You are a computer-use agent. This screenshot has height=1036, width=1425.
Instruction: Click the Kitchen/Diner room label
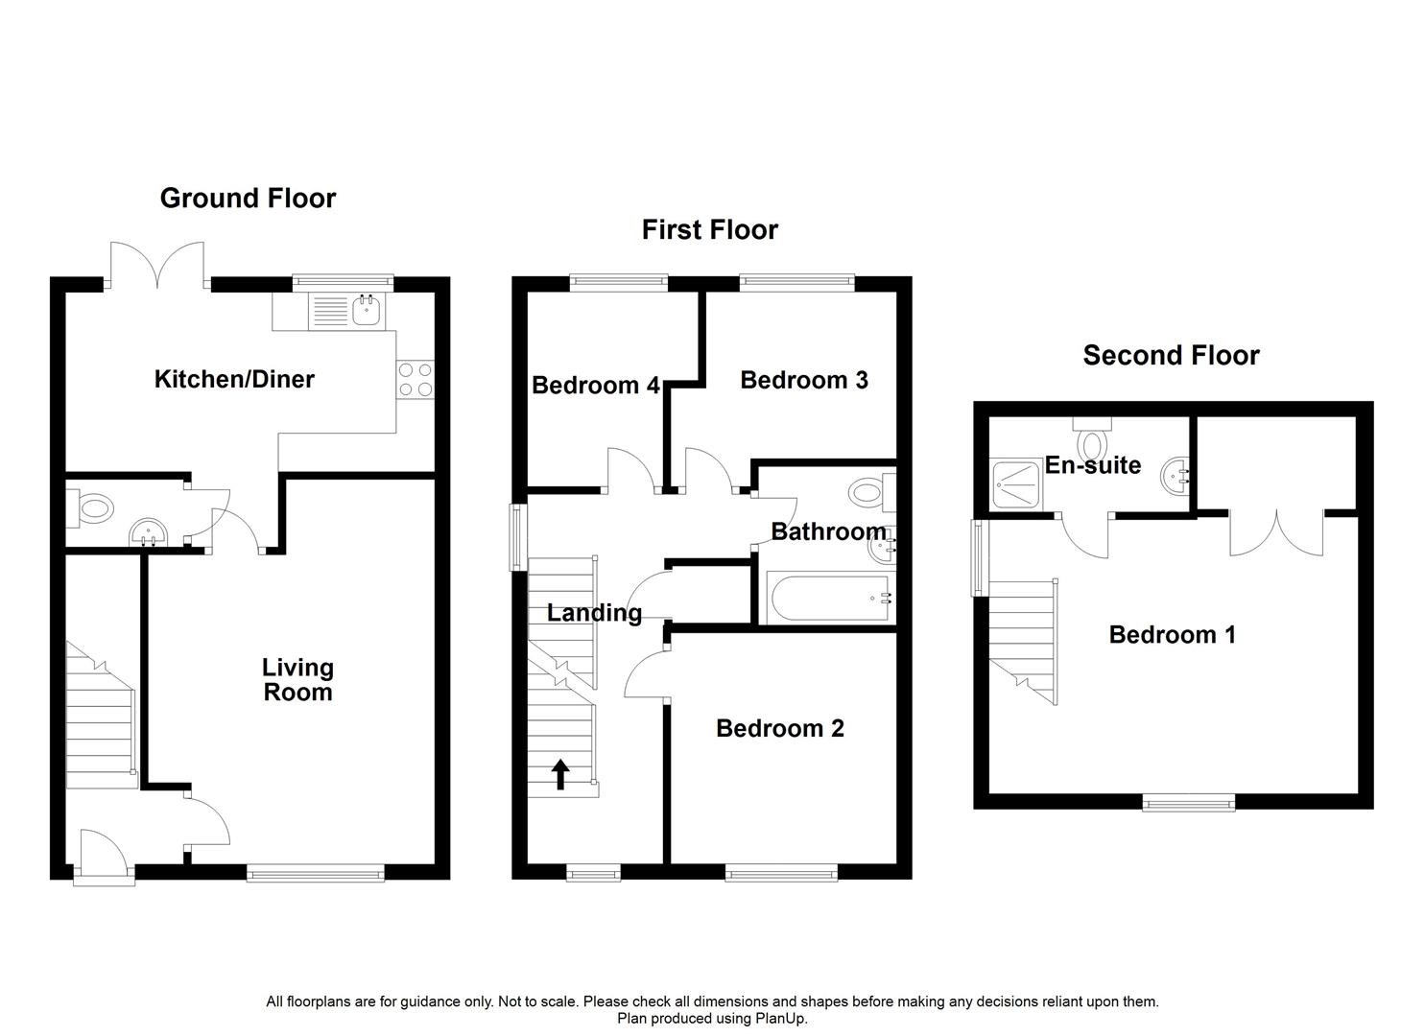coord(234,380)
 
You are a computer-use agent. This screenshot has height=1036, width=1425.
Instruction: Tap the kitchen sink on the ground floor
coord(365,309)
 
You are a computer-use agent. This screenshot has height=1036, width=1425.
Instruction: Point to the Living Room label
coord(297,680)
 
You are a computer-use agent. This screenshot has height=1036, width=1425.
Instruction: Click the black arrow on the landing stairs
coord(560,774)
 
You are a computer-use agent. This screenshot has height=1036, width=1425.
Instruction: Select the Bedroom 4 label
coord(595,386)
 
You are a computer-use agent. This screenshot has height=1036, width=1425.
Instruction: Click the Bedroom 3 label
coord(804,381)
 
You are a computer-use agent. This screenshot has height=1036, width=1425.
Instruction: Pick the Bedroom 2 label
coord(779,729)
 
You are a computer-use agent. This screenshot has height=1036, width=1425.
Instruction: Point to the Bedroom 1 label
coord(1172,635)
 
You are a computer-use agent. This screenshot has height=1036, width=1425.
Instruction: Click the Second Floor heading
coord(1171,356)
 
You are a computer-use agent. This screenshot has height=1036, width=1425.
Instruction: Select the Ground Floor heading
coord(248,199)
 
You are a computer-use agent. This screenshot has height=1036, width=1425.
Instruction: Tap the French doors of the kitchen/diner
coord(157,264)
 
